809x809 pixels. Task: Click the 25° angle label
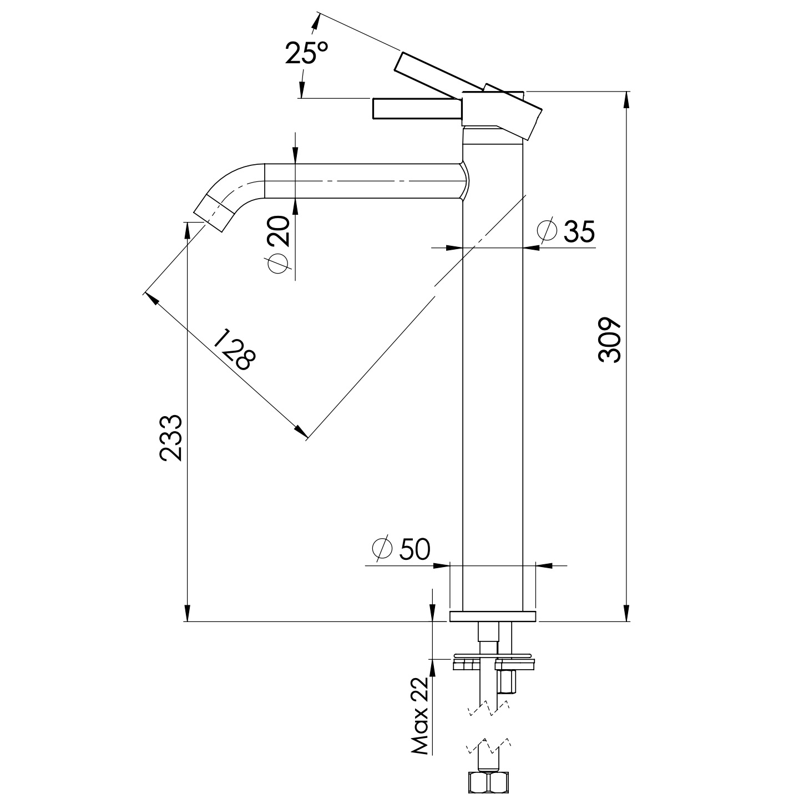(x=306, y=53)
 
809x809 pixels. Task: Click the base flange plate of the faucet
(x=493, y=616)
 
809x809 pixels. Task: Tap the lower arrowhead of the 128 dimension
(x=300, y=432)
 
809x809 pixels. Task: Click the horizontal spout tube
(x=361, y=181)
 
